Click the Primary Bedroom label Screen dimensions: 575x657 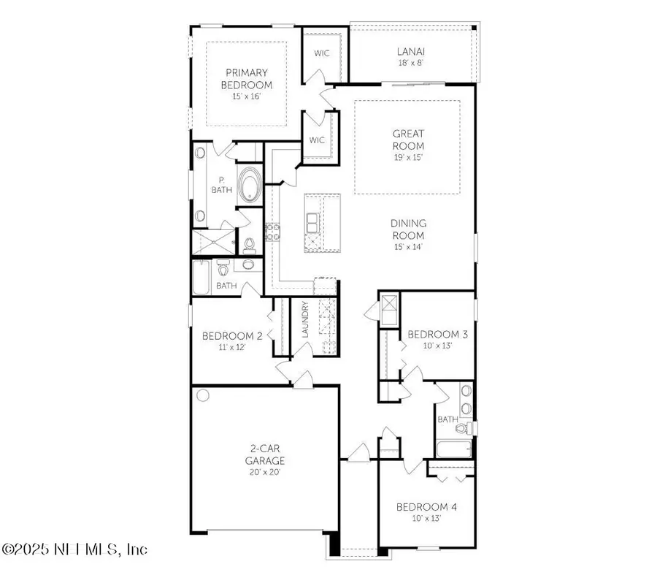(x=246, y=83)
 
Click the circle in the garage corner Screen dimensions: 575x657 (x=203, y=396)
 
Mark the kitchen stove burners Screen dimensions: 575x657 (x=274, y=233)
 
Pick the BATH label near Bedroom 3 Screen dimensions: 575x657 (x=447, y=419)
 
